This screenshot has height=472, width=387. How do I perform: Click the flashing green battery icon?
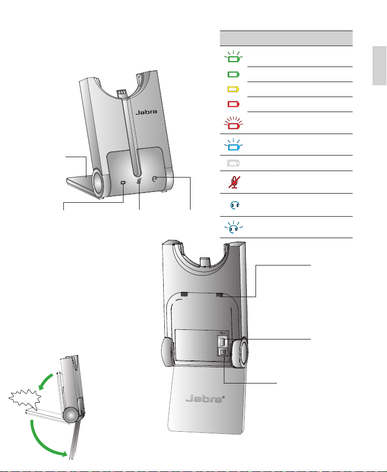232,56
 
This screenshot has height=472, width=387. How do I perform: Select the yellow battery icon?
232,89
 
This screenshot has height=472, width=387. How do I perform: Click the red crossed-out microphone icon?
232,182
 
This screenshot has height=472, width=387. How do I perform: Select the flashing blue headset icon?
232,227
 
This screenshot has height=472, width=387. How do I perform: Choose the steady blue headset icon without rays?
232,204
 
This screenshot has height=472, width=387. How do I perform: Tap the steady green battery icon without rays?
232,74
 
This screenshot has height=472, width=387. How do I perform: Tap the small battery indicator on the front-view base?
123,183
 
